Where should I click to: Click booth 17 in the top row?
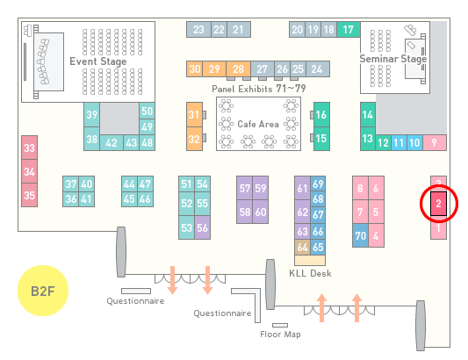pos(349,29)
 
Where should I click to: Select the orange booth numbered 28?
pos(238,69)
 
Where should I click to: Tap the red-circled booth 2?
pos(438,204)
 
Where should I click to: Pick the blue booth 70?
pos(360,235)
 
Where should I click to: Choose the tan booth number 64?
pos(302,247)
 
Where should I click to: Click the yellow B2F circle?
pos(43,291)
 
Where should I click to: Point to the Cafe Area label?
pos(258,124)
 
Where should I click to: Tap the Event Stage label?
pos(98,61)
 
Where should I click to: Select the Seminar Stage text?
pos(393,59)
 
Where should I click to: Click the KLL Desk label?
pos(310,273)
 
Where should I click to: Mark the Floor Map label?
pos(280,334)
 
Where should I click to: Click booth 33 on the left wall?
pos(29,148)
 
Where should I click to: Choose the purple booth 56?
pos(202,227)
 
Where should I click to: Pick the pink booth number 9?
pos(435,143)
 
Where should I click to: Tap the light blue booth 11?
pos(399,143)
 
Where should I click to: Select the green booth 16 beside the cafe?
pos(321,114)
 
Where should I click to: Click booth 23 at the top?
pos(198,29)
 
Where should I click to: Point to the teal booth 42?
pos(112,143)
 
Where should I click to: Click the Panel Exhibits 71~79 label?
pos(259,89)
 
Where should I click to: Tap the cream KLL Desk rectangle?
pos(310,260)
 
